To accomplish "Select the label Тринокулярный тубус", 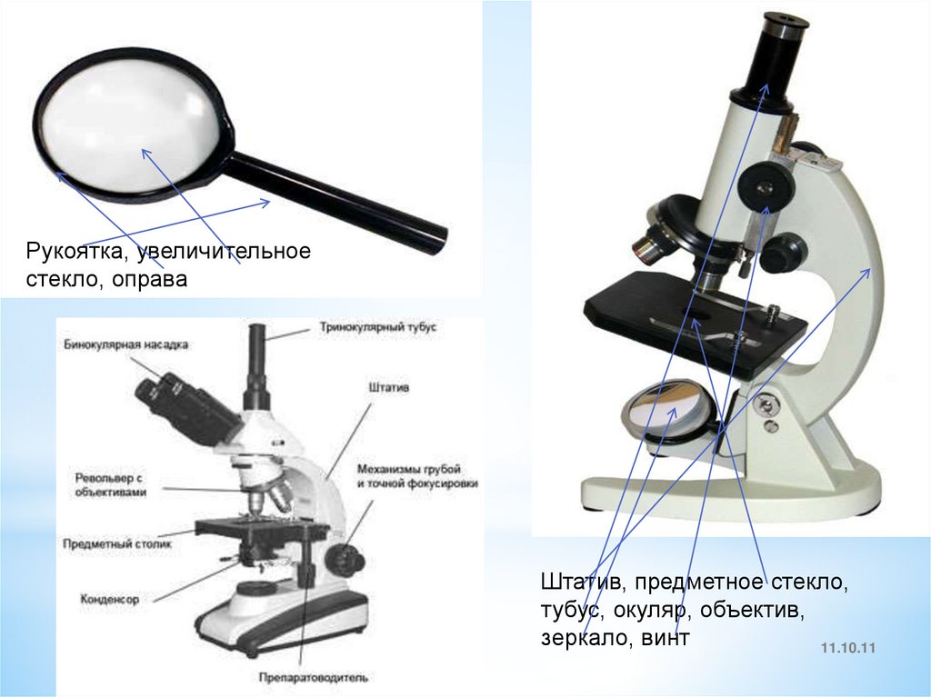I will (377, 325).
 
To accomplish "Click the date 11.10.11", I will (846, 649).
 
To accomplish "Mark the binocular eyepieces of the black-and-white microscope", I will (159, 391).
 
